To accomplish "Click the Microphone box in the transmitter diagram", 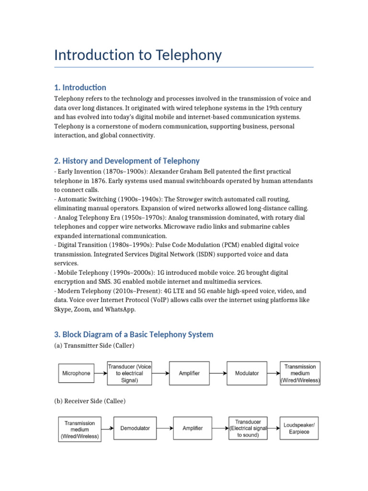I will [76, 373].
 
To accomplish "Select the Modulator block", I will [247, 373].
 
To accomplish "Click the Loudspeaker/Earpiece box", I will [299, 428].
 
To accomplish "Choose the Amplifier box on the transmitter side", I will [189, 373].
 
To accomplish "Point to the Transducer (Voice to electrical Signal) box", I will [129, 373].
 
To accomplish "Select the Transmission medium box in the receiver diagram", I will [80, 430].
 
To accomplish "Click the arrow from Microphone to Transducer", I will [101, 373].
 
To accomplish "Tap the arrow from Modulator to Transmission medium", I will [273, 373].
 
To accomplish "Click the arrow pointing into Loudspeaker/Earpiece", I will [274, 428].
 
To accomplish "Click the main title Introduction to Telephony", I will [138, 55].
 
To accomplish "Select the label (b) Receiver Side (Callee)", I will [90, 401].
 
